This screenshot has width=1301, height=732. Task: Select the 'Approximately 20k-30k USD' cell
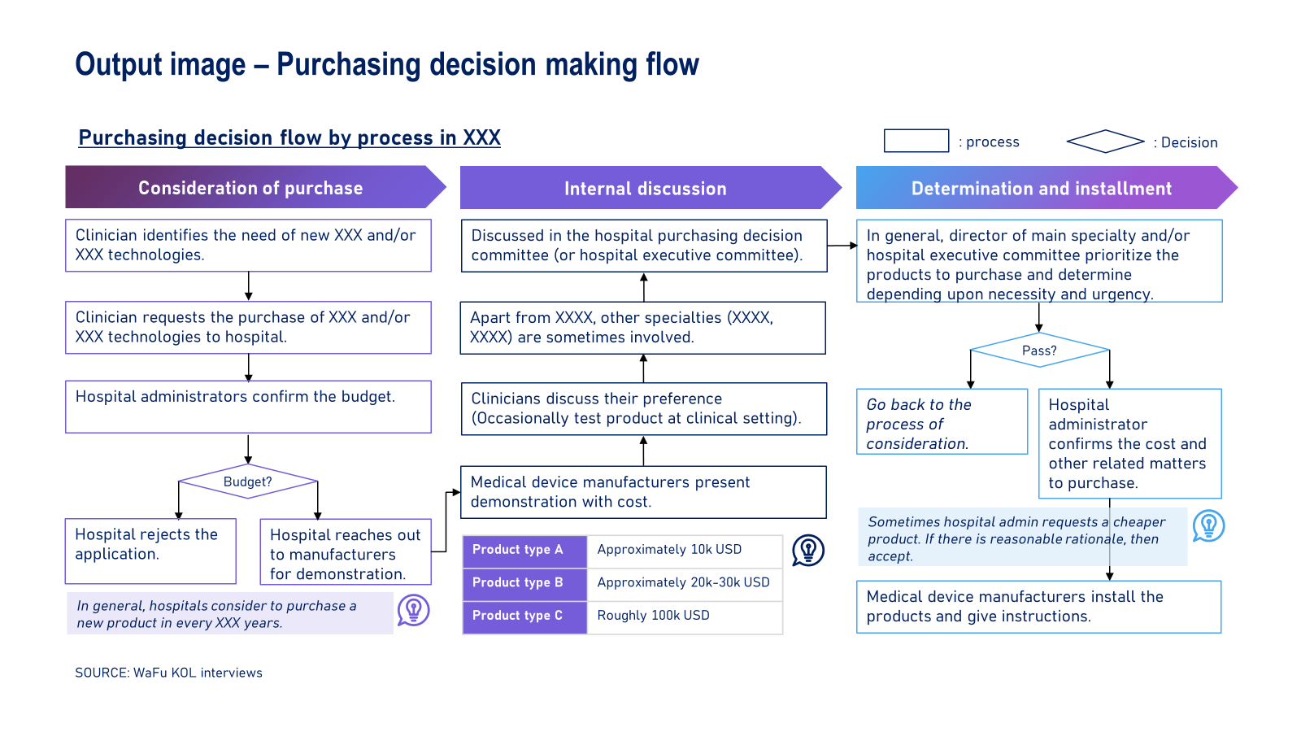(x=684, y=583)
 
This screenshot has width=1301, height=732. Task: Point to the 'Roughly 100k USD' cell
(x=684, y=617)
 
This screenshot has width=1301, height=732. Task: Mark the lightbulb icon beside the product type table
(x=808, y=550)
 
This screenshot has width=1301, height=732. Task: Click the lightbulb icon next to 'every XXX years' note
(x=414, y=611)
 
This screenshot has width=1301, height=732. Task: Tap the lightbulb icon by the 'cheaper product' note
(x=1208, y=525)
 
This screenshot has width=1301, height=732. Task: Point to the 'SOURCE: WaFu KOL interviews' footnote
(x=168, y=673)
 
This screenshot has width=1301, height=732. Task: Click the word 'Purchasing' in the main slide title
(x=349, y=65)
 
